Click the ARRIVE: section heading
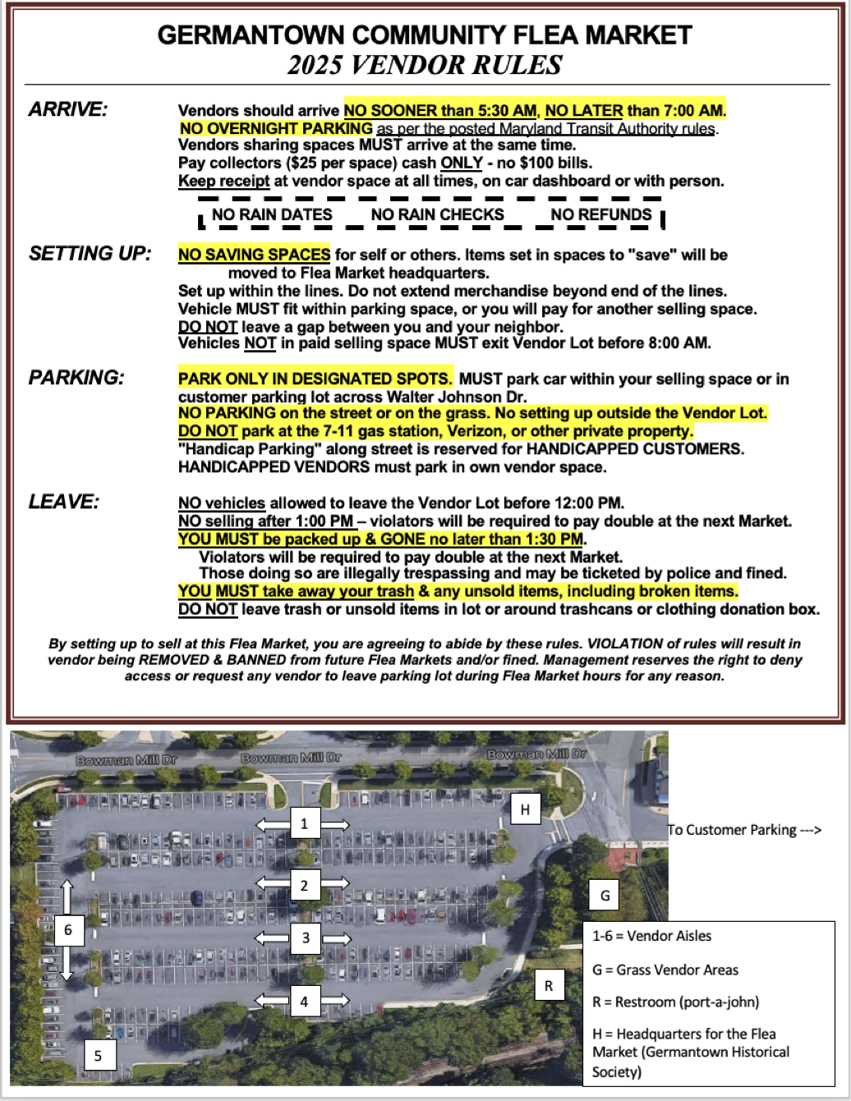point(68,109)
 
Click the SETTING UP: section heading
point(90,253)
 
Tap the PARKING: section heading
point(76,377)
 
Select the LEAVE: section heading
point(64,501)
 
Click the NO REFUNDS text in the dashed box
point(601,215)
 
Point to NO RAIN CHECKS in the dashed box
point(437,215)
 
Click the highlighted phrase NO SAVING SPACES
point(255,255)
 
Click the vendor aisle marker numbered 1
point(304,823)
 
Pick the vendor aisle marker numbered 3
point(306,937)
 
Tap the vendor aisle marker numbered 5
point(99,1055)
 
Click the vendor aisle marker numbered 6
point(68,930)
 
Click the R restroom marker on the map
point(549,985)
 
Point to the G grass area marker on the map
point(605,895)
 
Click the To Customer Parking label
point(744,830)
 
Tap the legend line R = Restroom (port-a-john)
point(675,1002)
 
